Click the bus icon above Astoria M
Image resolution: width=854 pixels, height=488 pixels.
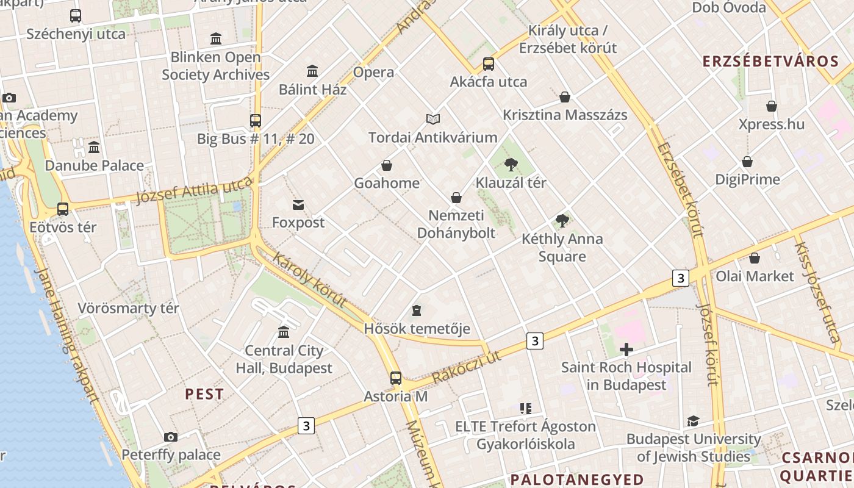396,378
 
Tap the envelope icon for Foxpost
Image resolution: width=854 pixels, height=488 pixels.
298,205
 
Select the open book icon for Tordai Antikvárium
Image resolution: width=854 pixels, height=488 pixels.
433,119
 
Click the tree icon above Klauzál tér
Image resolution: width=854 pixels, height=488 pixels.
511,164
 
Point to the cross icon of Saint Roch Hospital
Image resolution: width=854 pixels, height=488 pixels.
626,350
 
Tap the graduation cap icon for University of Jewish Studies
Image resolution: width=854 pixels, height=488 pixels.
693,421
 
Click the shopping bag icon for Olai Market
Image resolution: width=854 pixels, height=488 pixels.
755,258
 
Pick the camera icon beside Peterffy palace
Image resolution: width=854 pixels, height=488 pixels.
171,437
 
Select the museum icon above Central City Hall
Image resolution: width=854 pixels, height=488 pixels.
284,332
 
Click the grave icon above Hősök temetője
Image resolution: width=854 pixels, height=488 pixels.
417,311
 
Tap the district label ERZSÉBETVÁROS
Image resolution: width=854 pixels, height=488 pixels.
771,62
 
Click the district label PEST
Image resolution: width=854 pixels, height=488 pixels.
204,394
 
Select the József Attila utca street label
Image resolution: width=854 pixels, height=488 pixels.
194,191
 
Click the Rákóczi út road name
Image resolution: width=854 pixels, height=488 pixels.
466,367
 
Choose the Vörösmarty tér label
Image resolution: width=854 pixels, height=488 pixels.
129,308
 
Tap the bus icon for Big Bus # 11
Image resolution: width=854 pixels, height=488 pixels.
256,121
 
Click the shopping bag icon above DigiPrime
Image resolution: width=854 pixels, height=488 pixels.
747,162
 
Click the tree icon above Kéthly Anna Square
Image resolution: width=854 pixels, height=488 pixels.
562,221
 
